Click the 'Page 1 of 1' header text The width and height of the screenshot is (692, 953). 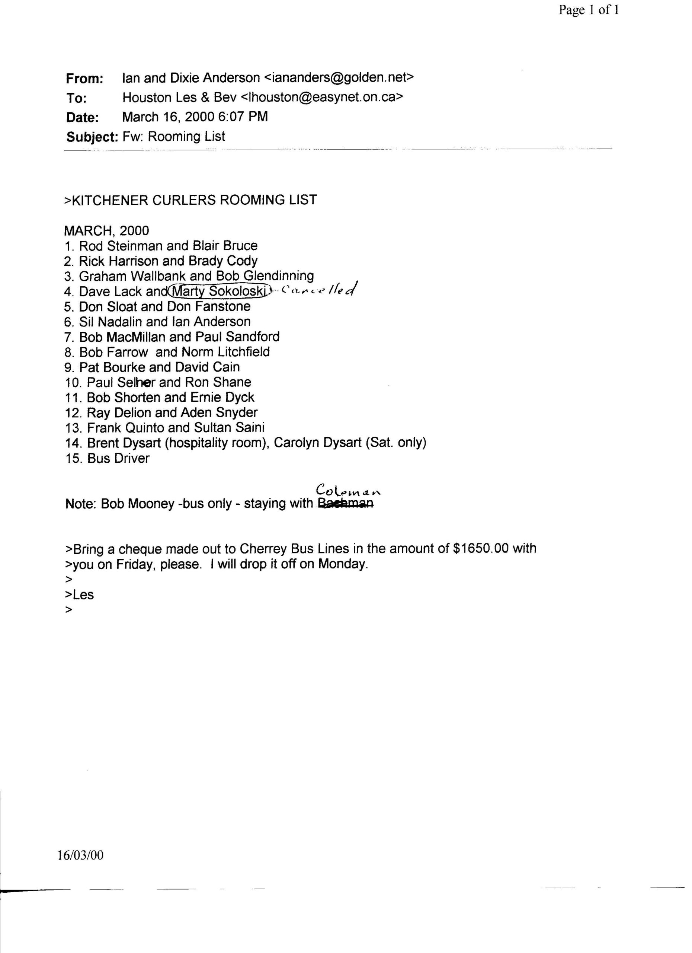[588, 10]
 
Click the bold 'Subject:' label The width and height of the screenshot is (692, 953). [92, 137]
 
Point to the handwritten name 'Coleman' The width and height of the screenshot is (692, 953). [348, 490]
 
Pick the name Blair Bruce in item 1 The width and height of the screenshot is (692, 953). [225, 246]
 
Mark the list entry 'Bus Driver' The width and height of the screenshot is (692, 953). [118, 458]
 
